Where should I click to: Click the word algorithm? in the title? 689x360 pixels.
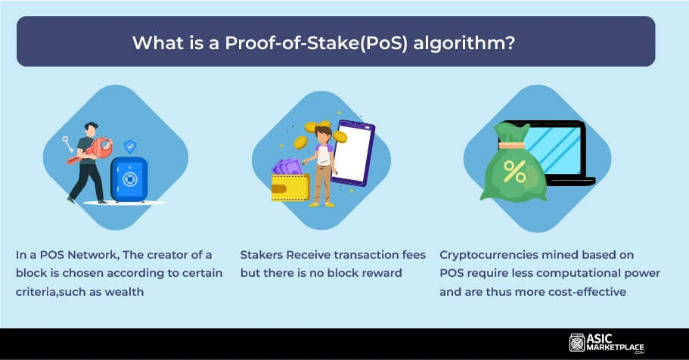464,43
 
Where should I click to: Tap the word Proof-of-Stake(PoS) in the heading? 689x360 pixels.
317,43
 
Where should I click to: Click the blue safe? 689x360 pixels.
129,179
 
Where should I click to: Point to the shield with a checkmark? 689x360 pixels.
130,147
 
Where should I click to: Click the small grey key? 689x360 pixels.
67,144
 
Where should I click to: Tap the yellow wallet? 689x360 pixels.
290,188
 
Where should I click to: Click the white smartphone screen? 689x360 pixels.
353,153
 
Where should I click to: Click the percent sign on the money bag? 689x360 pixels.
514,172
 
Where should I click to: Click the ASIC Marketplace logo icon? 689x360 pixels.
577,343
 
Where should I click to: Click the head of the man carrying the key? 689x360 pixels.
91,129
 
